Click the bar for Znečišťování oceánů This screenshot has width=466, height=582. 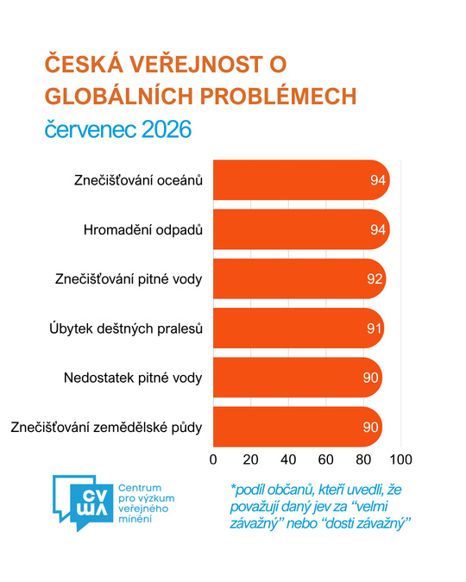(x=301, y=180)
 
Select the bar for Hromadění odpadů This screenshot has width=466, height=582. (x=301, y=229)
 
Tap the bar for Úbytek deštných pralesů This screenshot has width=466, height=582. (x=299, y=329)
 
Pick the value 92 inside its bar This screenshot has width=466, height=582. (x=375, y=279)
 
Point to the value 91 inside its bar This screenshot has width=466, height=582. (x=374, y=329)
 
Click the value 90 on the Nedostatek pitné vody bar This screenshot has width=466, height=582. (x=370, y=378)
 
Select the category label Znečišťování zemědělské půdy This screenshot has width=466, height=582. (x=106, y=427)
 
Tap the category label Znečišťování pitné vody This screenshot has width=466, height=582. (x=129, y=279)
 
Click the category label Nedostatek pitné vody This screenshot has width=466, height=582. (x=133, y=378)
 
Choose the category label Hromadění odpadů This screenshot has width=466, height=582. (x=143, y=229)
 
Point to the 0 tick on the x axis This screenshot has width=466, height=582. (x=213, y=460)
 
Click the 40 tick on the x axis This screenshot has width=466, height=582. (x=288, y=460)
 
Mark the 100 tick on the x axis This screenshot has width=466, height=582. (x=400, y=460)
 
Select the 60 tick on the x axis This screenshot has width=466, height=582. (x=325, y=460)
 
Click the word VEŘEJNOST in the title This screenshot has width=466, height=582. (x=196, y=64)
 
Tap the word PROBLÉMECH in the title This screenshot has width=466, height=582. (x=279, y=97)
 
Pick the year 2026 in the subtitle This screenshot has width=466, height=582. (x=166, y=129)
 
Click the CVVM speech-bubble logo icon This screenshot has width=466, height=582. (x=83, y=503)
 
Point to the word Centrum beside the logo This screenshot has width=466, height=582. (x=140, y=488)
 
